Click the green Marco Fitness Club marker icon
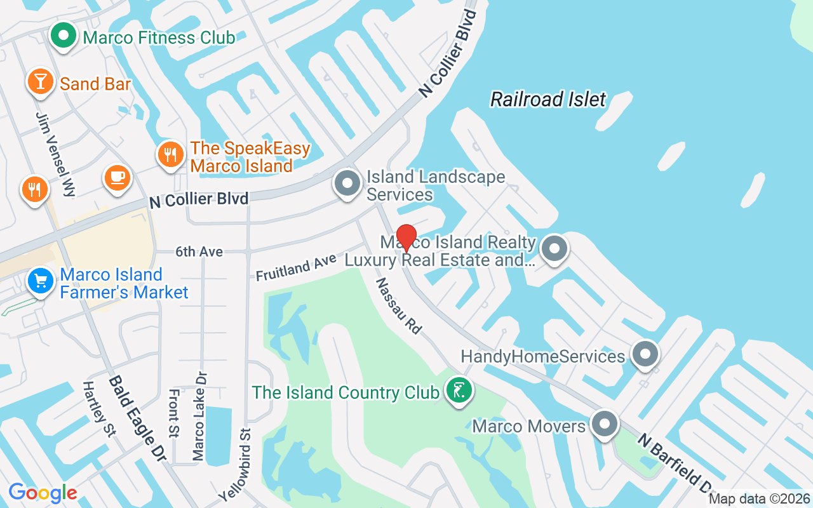[x=63, y=37]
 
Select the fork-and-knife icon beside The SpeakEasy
[x=170, y=154]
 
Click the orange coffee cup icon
[x=118, y=177]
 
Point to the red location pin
[x=406, y=237]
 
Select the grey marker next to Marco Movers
[x=605, y=424]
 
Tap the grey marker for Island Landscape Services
[x=347, y=184]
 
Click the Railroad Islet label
[x=548, y=99]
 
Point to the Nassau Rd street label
[x=399, y=306]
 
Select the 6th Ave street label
[x=199, y=252]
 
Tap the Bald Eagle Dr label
[x=137, y=417]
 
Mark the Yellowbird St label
[x=236, y=464]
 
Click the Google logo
[x=43, y=493]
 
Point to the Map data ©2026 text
[x=759, y=499]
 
